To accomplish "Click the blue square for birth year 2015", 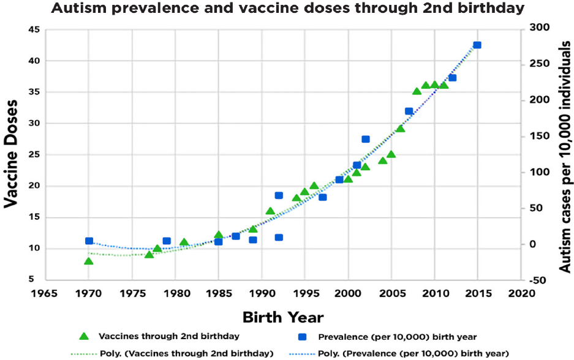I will pos(477,45).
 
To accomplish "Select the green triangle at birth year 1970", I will pos(89,261).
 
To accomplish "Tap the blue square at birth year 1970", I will pos(89,241).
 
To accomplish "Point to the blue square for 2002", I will pos(366,139).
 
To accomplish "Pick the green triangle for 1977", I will pos(149,254).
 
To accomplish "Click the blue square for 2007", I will pos(409,111).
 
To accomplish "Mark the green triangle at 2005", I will pos(391,154).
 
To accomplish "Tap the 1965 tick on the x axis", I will pos(45,292).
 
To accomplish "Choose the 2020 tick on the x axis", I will pos(521,292).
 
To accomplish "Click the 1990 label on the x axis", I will pos(262,292).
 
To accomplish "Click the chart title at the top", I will pos(287,9).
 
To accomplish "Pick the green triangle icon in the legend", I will pos(85,336).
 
